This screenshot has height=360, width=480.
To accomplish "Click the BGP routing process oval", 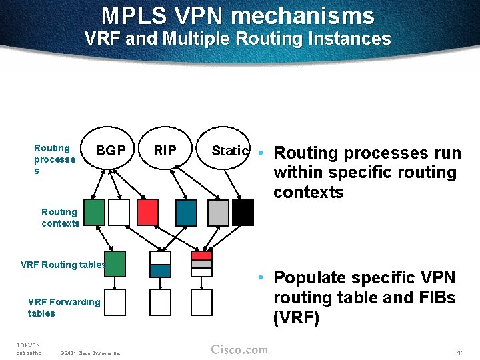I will point(111,151).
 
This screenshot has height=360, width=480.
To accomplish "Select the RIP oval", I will point(165,151).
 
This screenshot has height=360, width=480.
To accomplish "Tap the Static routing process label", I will point(230,151).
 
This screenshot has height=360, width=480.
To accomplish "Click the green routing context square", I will point(94,212).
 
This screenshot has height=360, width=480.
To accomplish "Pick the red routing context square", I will point(147,212).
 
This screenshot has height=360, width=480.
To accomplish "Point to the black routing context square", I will point(243,212).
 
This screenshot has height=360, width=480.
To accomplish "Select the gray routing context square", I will point(217,212).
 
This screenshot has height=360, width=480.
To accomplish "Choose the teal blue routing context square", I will point(186,212).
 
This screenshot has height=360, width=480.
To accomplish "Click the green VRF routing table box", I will point(115,264).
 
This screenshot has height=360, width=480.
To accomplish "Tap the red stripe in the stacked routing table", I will point(201,255).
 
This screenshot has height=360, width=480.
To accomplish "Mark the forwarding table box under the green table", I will point(115,302).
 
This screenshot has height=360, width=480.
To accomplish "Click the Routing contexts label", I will point(60,218).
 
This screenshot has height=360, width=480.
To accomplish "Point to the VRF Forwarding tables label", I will point(63,307).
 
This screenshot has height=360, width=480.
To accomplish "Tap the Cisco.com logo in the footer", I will point(239,350).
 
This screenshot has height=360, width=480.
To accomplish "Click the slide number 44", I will point(460,351).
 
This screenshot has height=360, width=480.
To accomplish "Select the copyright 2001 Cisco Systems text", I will point(90,353).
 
